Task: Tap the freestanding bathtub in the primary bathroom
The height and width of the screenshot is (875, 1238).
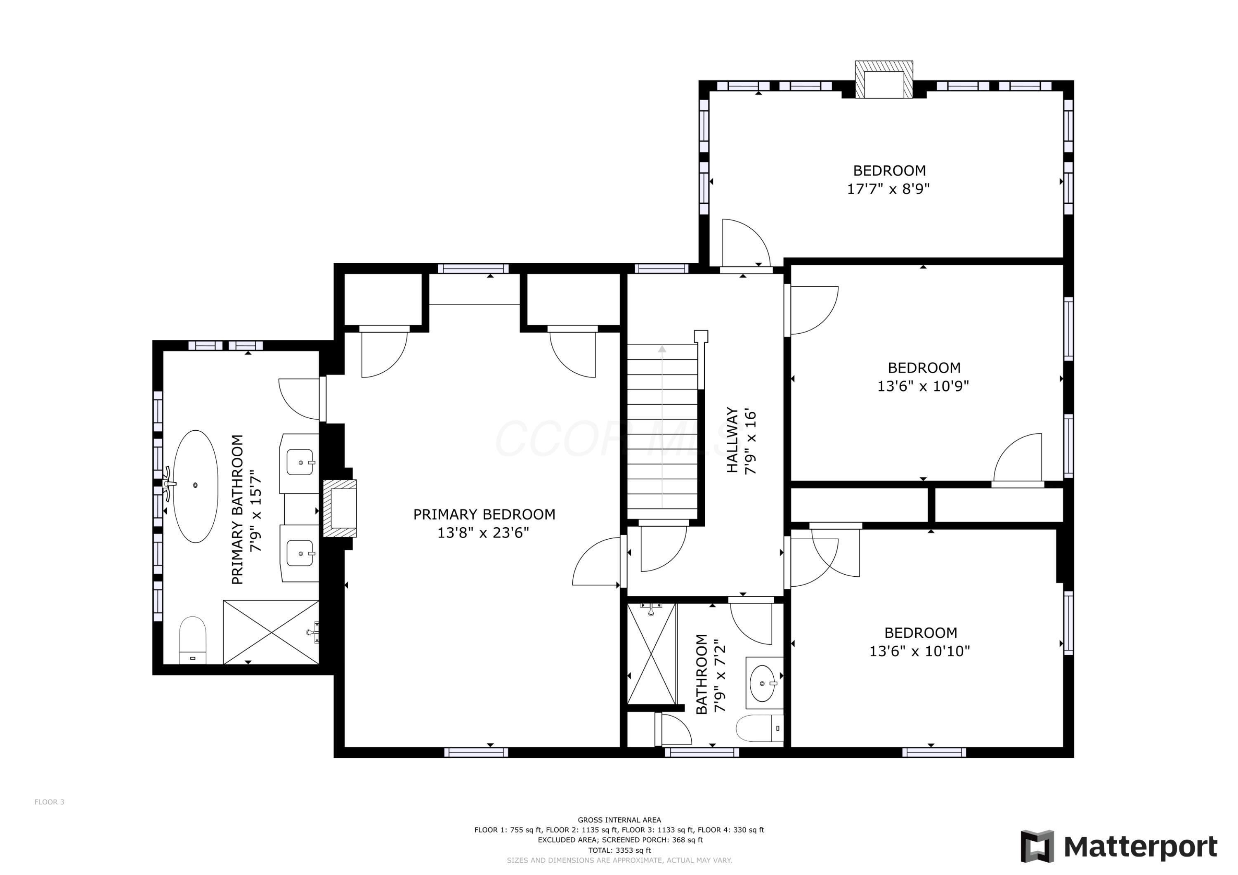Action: tap(195, 486)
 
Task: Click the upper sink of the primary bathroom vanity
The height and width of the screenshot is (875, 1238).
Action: tap(299, 462)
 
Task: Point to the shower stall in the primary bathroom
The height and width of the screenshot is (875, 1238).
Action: tap(271, 632)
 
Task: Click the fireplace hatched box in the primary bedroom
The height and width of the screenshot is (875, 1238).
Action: tap(340, 508)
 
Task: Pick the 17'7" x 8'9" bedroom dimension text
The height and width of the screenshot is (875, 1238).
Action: tap(888, 189)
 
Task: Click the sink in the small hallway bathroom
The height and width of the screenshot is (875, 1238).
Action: tap(763, 683)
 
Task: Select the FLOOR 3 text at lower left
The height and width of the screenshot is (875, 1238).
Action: tap(49, 802)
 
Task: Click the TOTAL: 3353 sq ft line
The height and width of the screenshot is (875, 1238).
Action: tap(619, 850)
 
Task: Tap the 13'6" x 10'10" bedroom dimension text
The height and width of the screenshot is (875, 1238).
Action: tap(919, 652)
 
